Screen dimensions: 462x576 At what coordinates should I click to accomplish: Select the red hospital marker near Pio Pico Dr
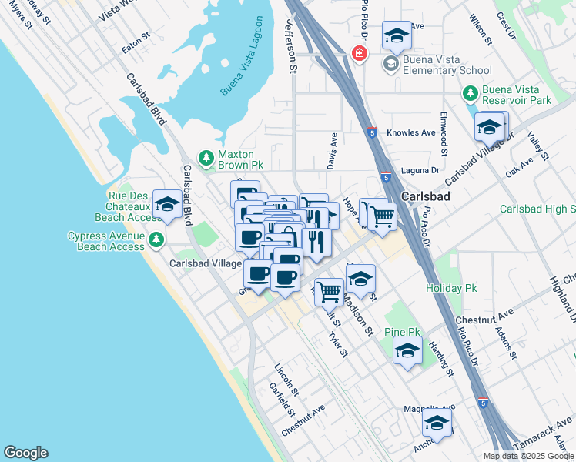tap(358, 53)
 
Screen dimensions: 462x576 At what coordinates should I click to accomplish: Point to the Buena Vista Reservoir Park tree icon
tap(470, 94)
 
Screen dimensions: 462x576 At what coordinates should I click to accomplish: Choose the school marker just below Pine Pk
tap(407, 351)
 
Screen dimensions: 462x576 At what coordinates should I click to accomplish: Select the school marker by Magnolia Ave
tap(437, 423)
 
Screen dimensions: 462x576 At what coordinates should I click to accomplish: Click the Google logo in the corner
tap(25, 453)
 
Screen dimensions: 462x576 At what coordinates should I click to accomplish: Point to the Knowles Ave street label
tap(412, 132)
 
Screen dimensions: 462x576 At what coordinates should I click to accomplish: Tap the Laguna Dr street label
tap(420, 170)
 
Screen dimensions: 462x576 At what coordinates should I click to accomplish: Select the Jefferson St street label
tap(292, 46)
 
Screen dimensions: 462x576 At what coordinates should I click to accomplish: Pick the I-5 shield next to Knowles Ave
tap(372, 132)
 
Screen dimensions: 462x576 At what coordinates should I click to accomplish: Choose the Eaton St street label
tap(136, 46)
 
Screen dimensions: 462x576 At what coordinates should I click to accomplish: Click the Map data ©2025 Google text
tap(527, 456)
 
